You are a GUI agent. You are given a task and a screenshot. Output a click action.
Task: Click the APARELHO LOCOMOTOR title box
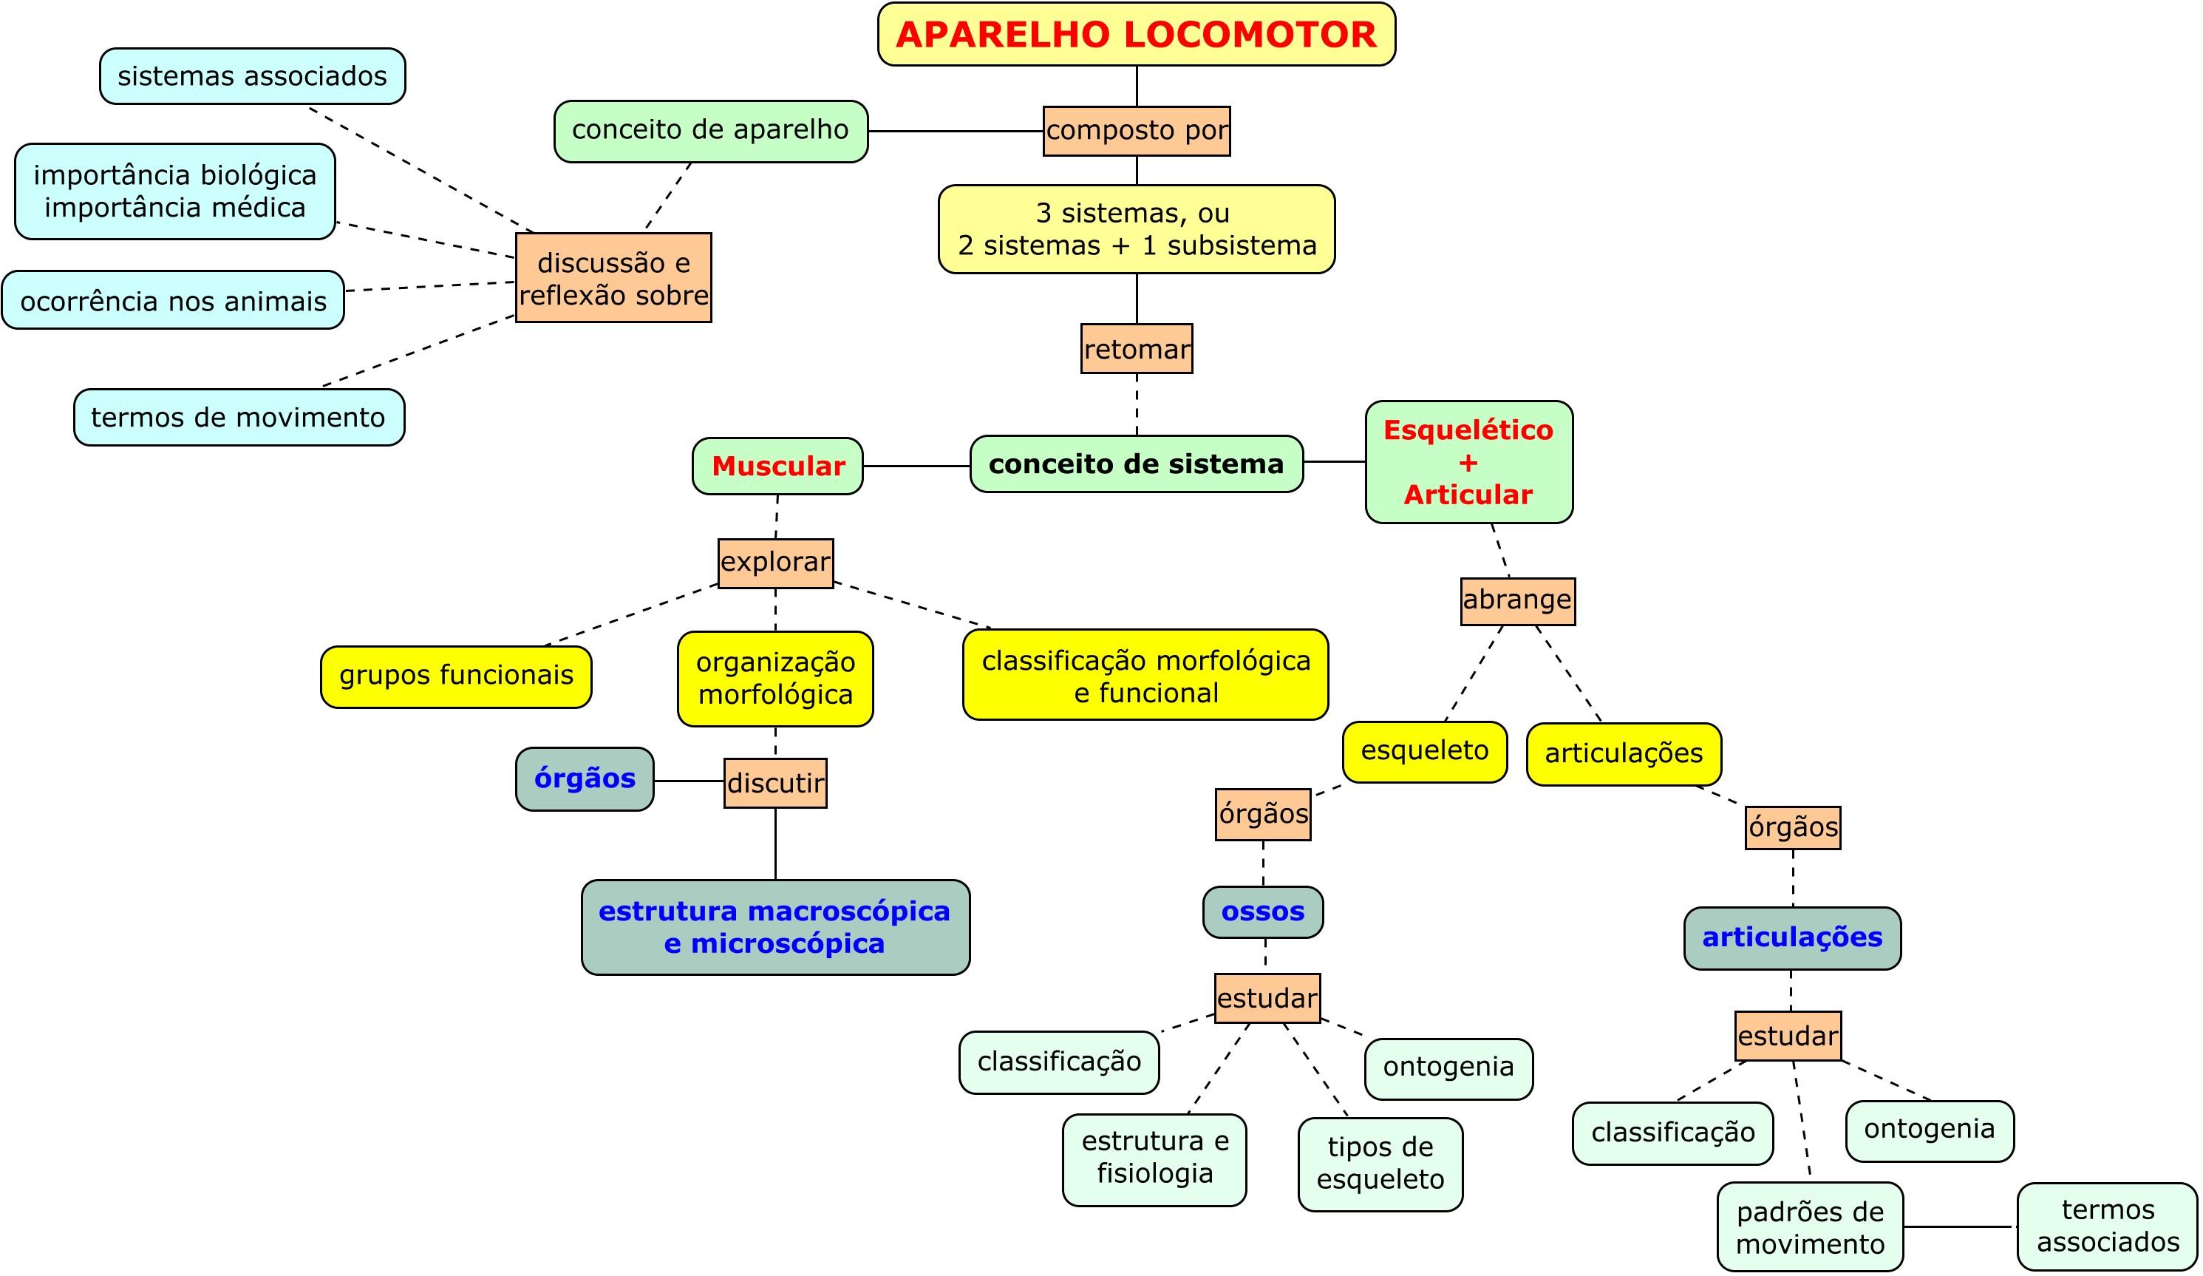click(x=1136, y=34)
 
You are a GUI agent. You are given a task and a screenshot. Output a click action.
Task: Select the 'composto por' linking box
click(x=1137, y=131)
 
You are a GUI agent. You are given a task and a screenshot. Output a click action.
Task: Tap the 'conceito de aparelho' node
click(x=710, y=131)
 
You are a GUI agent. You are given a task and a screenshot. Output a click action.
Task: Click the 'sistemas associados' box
click(x=252, y=77)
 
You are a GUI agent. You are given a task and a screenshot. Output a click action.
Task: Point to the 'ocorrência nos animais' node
click(x=173, y=301)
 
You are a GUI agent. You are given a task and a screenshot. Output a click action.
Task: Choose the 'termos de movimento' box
click(x=239, y=417)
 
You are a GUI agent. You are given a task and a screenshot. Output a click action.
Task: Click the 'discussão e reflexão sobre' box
click(x=613, y=278)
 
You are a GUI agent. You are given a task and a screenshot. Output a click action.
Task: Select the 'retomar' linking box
click(x=1137, y=349)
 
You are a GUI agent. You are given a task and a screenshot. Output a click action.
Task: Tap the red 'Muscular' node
click(x=777, y=466)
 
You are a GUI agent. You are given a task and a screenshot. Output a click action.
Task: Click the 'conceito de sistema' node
click(x=1136, y=464)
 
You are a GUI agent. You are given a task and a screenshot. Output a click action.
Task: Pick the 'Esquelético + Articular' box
click(x=1468, y=462)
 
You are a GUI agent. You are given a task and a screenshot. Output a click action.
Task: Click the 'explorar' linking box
click(x=775, y=563)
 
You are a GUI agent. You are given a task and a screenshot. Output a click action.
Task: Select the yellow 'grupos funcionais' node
click(x=455, y=676)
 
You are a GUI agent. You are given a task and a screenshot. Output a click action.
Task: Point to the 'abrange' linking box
click(x=1518, y=601)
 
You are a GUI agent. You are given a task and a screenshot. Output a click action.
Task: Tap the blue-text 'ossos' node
click(x=1262, y=912)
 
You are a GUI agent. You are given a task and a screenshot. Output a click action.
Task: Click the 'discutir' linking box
click(x=775, y=783)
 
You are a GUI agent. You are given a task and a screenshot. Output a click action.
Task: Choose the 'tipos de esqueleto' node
click(x=1380, y=1164)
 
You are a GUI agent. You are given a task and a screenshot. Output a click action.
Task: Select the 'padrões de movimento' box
click(x=1810, y=1227)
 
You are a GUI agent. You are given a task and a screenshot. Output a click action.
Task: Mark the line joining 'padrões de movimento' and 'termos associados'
click(x=1960, y=1227)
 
